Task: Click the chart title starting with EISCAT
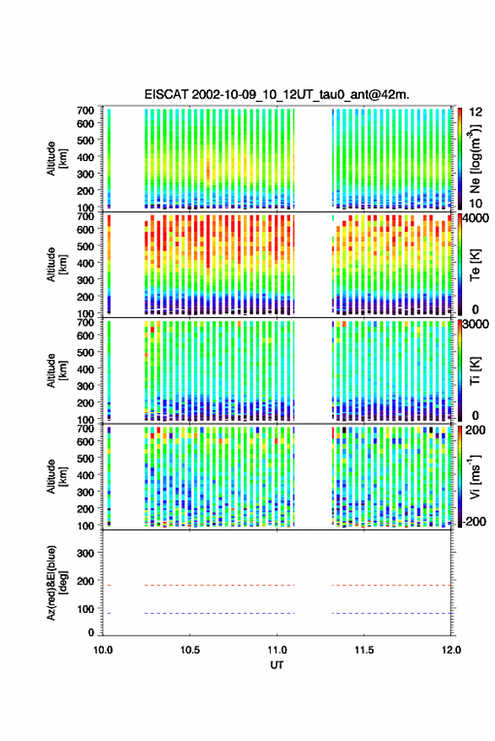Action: pos(277,94)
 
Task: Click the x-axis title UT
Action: pos(277,665)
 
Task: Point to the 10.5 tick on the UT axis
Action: pos(190,650)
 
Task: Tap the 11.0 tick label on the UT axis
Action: pos(277,650)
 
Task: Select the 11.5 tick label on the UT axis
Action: pos(364,650)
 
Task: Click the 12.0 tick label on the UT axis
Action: pos(451,650)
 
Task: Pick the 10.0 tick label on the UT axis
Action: pos(103,650)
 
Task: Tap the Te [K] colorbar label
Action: pos(475,265)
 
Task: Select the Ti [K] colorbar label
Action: pos(475,371)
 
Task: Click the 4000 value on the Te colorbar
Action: pos(476,219)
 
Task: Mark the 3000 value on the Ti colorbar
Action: pos(476,325)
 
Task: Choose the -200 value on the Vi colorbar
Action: pos(474,522)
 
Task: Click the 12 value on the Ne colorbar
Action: pos(476,112)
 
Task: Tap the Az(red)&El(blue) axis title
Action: pos(56,583)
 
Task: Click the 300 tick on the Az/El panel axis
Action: pos(85,553)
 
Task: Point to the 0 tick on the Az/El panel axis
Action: pos(91,632)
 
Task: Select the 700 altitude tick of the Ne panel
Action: pos(85,110)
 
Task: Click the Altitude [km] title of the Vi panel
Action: pos(56,476)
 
